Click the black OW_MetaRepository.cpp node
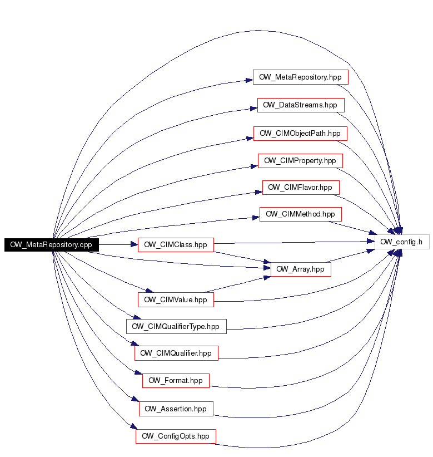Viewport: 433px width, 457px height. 52,244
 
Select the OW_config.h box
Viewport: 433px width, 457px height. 402,242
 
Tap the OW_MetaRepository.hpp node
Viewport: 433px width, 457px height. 301,77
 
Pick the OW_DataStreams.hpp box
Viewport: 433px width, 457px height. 301,105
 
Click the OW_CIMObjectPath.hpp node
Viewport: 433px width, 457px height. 300,134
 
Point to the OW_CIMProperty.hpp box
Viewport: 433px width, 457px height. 300,161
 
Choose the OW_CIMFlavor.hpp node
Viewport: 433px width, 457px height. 301,188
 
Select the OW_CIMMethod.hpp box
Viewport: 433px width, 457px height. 301,214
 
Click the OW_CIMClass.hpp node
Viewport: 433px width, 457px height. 176,245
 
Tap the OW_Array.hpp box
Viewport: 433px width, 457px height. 301,269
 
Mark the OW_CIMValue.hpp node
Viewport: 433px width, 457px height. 176,299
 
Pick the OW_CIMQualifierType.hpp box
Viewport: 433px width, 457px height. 176,326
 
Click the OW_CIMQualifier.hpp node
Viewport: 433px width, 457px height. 176,353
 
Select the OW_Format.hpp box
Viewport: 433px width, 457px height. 176,381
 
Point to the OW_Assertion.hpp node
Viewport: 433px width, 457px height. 176,409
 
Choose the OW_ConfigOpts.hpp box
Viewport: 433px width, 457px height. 176,436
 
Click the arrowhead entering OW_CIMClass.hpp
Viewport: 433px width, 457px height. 135,244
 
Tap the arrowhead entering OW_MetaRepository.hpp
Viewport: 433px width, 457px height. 250,80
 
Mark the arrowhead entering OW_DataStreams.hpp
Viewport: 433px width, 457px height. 254,109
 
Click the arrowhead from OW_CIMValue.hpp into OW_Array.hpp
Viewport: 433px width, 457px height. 267,277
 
